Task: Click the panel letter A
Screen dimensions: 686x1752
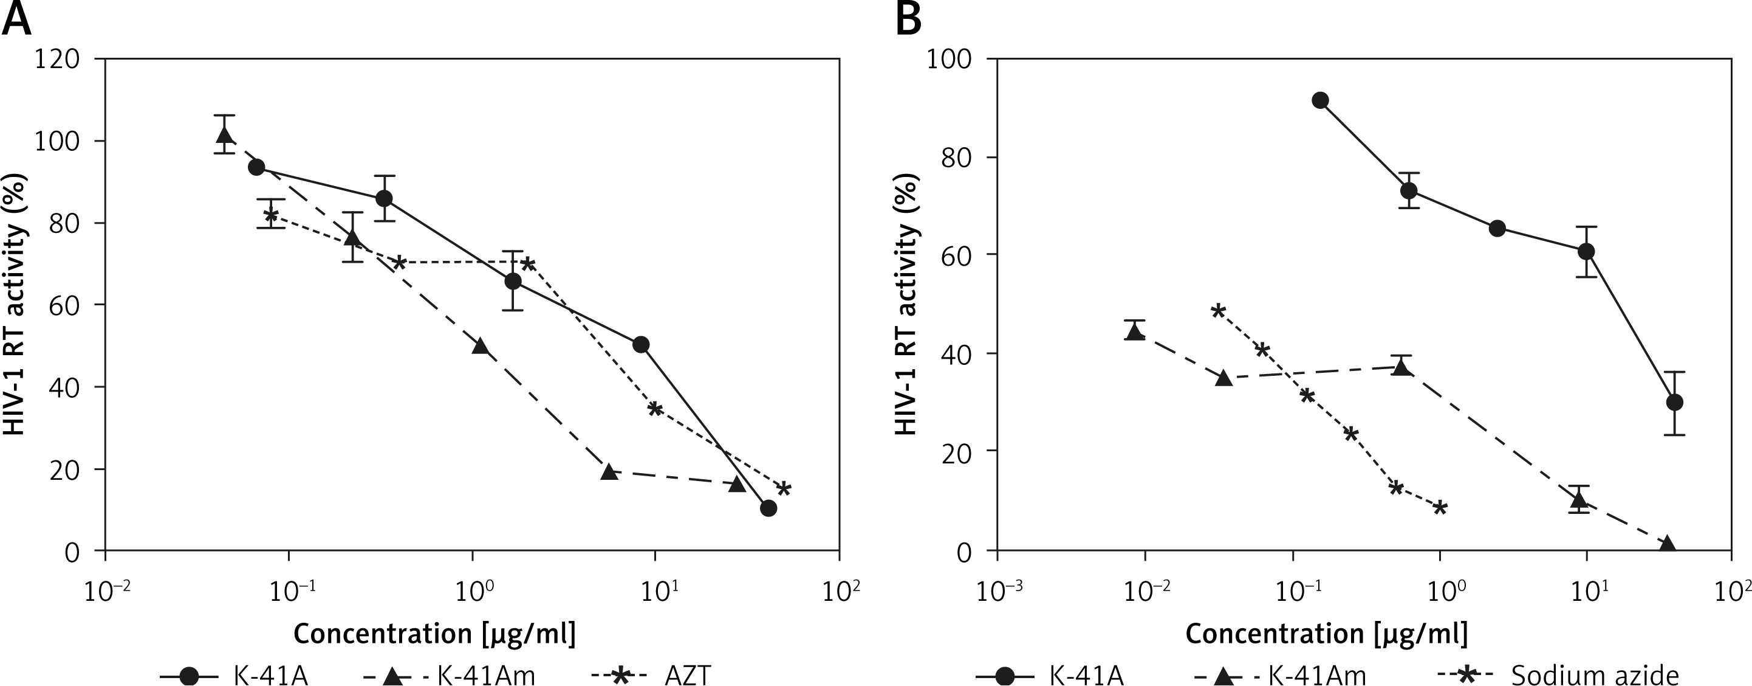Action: coord(18,19)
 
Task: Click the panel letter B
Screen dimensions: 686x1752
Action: coord(909,19)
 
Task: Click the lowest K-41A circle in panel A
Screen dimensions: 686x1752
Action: coord(768,508)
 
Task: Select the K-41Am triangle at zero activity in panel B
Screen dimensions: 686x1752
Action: coord(1667,544)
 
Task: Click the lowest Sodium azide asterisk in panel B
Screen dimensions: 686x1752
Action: coord(1440,507)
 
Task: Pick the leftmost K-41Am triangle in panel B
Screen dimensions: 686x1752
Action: coord(1134,332)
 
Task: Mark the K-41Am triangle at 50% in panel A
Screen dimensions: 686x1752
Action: coord(480,345)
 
